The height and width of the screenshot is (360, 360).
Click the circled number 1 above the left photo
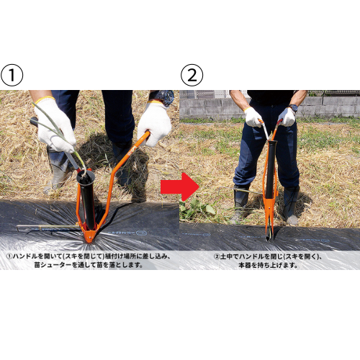[12, 75]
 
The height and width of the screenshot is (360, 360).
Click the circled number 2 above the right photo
[192, 75]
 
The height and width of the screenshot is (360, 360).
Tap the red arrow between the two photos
[180, 186]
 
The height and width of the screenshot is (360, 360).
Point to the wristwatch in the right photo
[294, 108]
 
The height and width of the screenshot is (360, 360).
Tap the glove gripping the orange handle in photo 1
[154, 124]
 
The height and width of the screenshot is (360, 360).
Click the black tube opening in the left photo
[86, 176]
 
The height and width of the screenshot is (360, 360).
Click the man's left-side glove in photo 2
[253, 117]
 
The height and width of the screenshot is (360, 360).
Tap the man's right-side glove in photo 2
[287, 117]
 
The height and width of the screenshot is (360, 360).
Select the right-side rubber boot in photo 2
[291, 205]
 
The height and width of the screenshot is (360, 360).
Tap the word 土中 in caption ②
[226, 256]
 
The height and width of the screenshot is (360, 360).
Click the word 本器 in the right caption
[245, 265]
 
